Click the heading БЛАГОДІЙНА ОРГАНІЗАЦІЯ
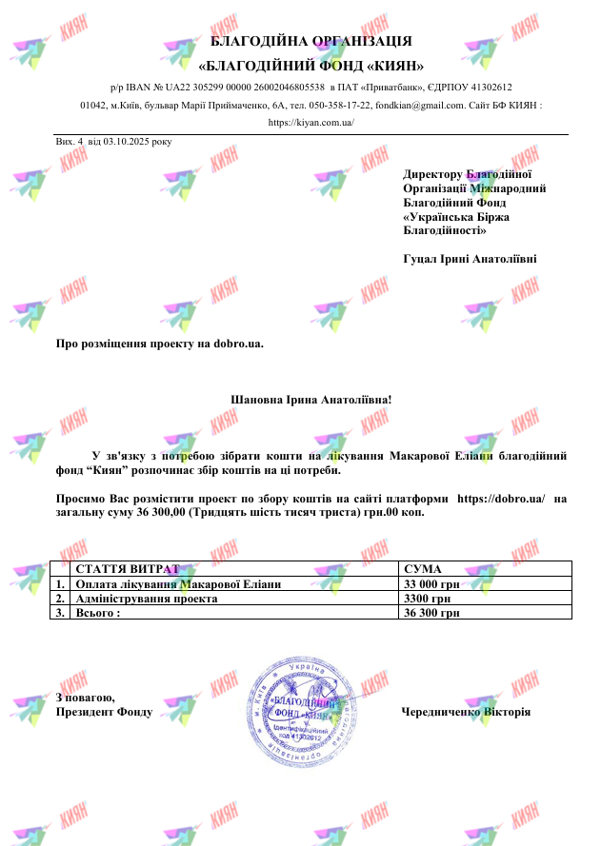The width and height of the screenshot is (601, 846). click(x=311, y=41)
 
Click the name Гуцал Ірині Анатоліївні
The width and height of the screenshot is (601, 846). click(x=470, y=258)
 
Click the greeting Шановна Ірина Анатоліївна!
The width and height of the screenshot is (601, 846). click(x=311, y=399)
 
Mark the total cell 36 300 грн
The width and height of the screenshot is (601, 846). click(x=432, y=614)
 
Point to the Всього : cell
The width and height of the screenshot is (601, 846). click(x=98, y=614)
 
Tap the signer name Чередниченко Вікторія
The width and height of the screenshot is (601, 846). click(x=466, y=712)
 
